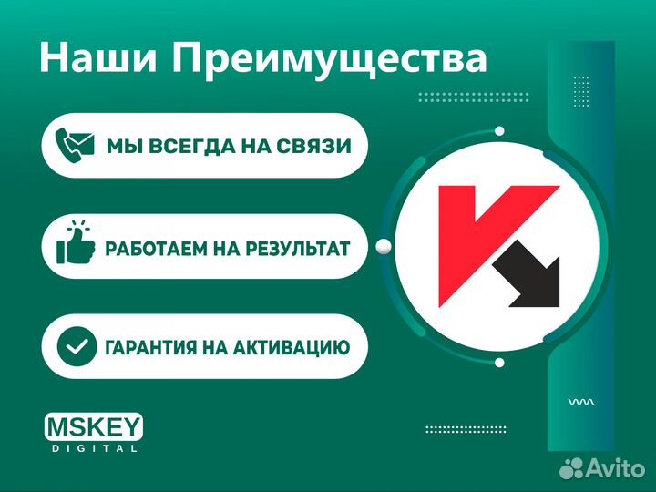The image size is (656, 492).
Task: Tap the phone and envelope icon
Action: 74,145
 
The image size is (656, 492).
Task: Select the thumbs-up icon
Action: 74,244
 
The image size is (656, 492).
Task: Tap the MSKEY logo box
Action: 94,427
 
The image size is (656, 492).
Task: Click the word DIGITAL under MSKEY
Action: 94,448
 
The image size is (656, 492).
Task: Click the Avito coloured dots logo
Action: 571,468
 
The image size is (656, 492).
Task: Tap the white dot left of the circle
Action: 384,244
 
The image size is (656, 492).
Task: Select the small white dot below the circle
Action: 499,363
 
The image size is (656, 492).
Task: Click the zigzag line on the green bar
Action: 580,401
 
